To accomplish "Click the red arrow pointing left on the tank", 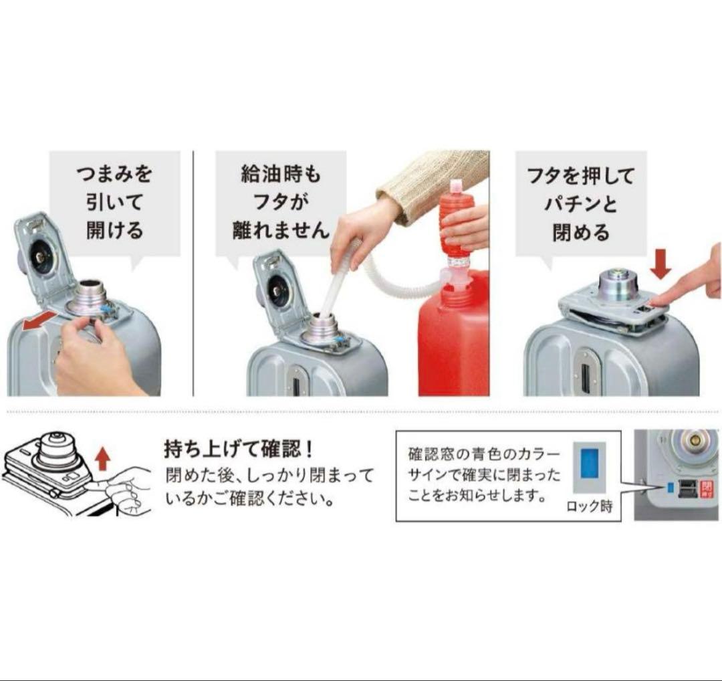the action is click(41, 321).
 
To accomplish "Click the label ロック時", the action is click(590, 506).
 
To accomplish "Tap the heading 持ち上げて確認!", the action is click(239, 449).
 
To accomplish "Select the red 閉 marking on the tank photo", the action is click(705, 489).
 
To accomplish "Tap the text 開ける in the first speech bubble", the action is click(115, 229).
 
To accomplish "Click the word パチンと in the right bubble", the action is click(580, 203).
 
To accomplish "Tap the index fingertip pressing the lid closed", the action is click(654, 300).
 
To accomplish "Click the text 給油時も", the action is click(280, 174).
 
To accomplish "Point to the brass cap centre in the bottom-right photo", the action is click(692, 442).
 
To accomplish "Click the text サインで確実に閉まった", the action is click(485, 474).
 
